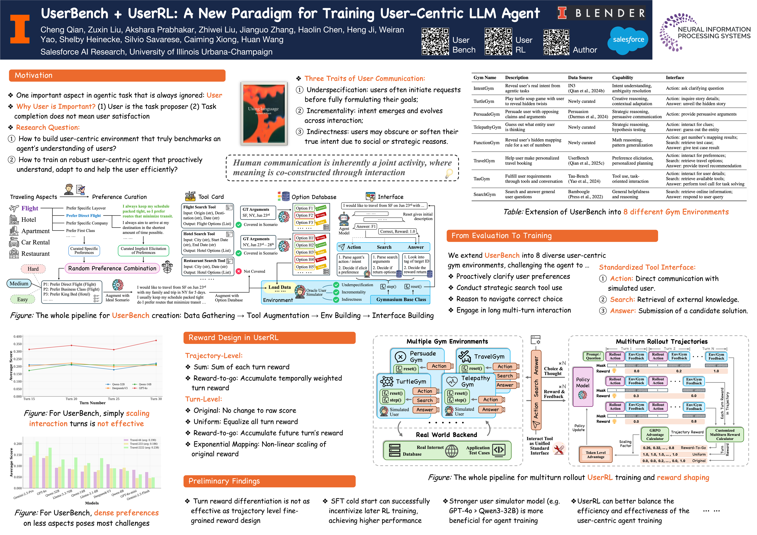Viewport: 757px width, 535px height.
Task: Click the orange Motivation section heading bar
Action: (x=117, y=75)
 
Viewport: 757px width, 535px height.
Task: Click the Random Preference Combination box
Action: (x=112, y=268)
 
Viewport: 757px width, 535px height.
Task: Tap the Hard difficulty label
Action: (x=33, y=269)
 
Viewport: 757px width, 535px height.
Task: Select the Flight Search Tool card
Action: (x=208, y=215)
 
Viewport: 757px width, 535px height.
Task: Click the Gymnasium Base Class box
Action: (x=401, y=299)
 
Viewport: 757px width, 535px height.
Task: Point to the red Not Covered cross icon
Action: (x=239, y=271)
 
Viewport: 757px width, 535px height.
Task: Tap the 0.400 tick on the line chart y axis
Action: (x=17, y=336)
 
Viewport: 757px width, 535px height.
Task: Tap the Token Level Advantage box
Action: (x=595, y=455)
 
